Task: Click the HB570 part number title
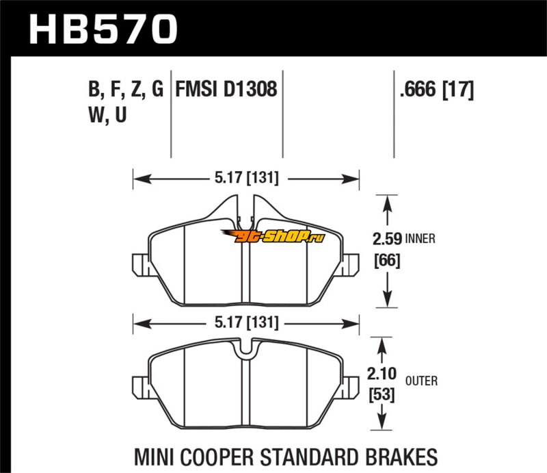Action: [104, 29]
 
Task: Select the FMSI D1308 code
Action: [226, 89]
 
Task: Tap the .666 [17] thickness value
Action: [437, 89]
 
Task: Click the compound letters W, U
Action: [107, 115]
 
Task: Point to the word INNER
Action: [421, 239]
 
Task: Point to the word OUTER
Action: [421, 381]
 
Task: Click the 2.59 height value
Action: [387, 240]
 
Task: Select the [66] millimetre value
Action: [387, 261]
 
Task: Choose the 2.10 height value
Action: [382, 374]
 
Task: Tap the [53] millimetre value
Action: [382, 395]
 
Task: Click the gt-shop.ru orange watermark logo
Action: [273, 236]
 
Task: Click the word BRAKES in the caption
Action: [401, 457]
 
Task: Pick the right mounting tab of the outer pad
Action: [351, 387]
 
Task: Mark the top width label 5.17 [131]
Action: [247, 178]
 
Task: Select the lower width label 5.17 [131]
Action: [247, 322]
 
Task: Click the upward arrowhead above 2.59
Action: [387, 203]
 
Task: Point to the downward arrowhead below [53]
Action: [382, 421]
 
